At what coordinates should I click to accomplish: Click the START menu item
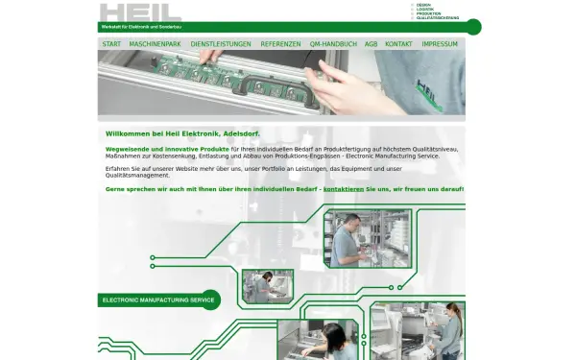111,44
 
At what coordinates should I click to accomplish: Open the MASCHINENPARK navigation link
155,44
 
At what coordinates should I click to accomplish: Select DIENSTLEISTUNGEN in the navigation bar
221,44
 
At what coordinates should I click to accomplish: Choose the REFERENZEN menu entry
280,44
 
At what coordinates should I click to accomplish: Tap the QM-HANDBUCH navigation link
333,44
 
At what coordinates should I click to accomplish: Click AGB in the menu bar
371,44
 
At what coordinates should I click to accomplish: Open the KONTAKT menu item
398,44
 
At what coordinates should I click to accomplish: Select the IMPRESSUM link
440,44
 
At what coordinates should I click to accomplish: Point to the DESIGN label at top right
423,5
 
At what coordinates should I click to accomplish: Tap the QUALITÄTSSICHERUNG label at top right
437,18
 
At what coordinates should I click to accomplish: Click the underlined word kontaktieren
343,189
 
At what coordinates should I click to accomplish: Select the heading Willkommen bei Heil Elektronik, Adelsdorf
182,133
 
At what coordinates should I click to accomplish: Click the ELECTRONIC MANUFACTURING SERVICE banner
157,300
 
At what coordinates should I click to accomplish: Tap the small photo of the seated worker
268,285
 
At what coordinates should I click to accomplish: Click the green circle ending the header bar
473,26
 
